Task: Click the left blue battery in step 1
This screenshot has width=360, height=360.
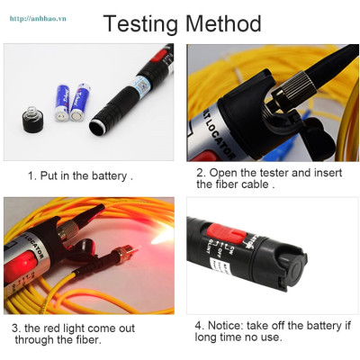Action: pyautogui.click(x=64, y=103)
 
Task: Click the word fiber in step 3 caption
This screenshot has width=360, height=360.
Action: pyautogui.click(x=89, y=340)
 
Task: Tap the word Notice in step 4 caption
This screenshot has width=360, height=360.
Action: pyautogui.click(x=228, y=325)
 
